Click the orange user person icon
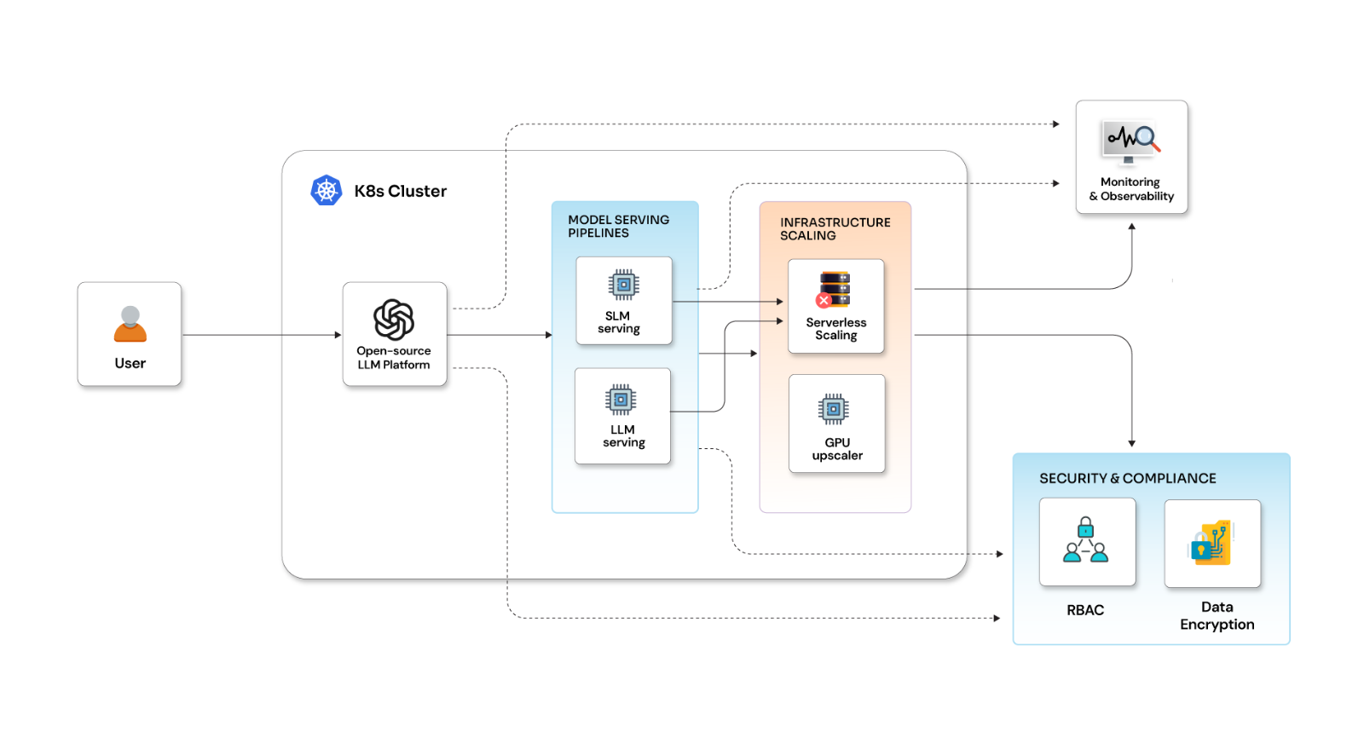[x=130, y=325]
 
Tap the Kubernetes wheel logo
[x=327, y=190]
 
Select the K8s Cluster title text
[x=400, y=191]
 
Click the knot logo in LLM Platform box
[x=394, y=320]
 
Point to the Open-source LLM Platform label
[x=394, y=358]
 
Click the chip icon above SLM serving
[x=623, y=285]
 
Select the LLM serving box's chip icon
[x=621, y=399]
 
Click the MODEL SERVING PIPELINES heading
[x=618, y=226]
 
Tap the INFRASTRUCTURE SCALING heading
[x=835, y=228]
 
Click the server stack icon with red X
[x=834, y=290]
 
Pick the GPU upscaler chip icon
[x=834, y=410]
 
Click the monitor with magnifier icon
[x=1132, y=141]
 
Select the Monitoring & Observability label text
[x=1131, y=189]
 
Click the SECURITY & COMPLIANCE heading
[x=1127, y=478]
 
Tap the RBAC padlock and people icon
[x=1085, y=540]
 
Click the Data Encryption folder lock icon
[x=1211, y=543]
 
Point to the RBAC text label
[x=1085, y=610]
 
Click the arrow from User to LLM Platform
[x=260, y=335]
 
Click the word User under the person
[x=130, y=363]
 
